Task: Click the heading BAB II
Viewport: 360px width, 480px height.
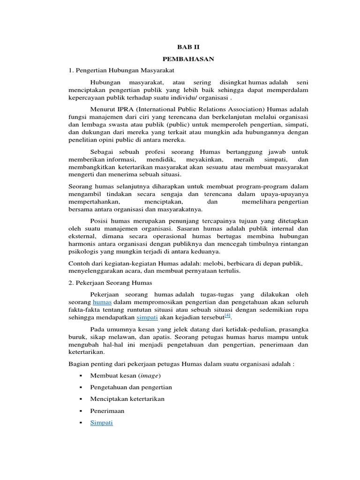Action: pyautogui.click(x=188, y=47)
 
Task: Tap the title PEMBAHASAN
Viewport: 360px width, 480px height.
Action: pyautogui.click(x=188, y=60)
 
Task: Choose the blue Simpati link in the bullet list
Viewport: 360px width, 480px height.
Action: pyautogui.click(x=101, y=422)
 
